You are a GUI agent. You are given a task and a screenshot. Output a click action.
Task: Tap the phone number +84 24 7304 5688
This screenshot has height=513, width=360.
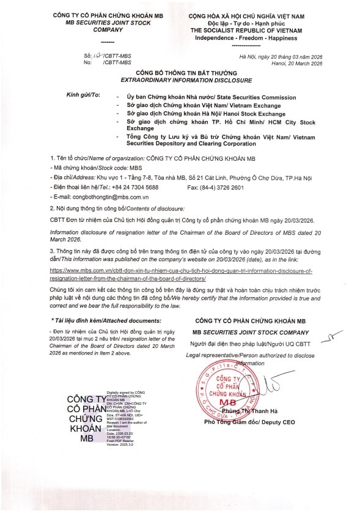(x=134, y=186)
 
